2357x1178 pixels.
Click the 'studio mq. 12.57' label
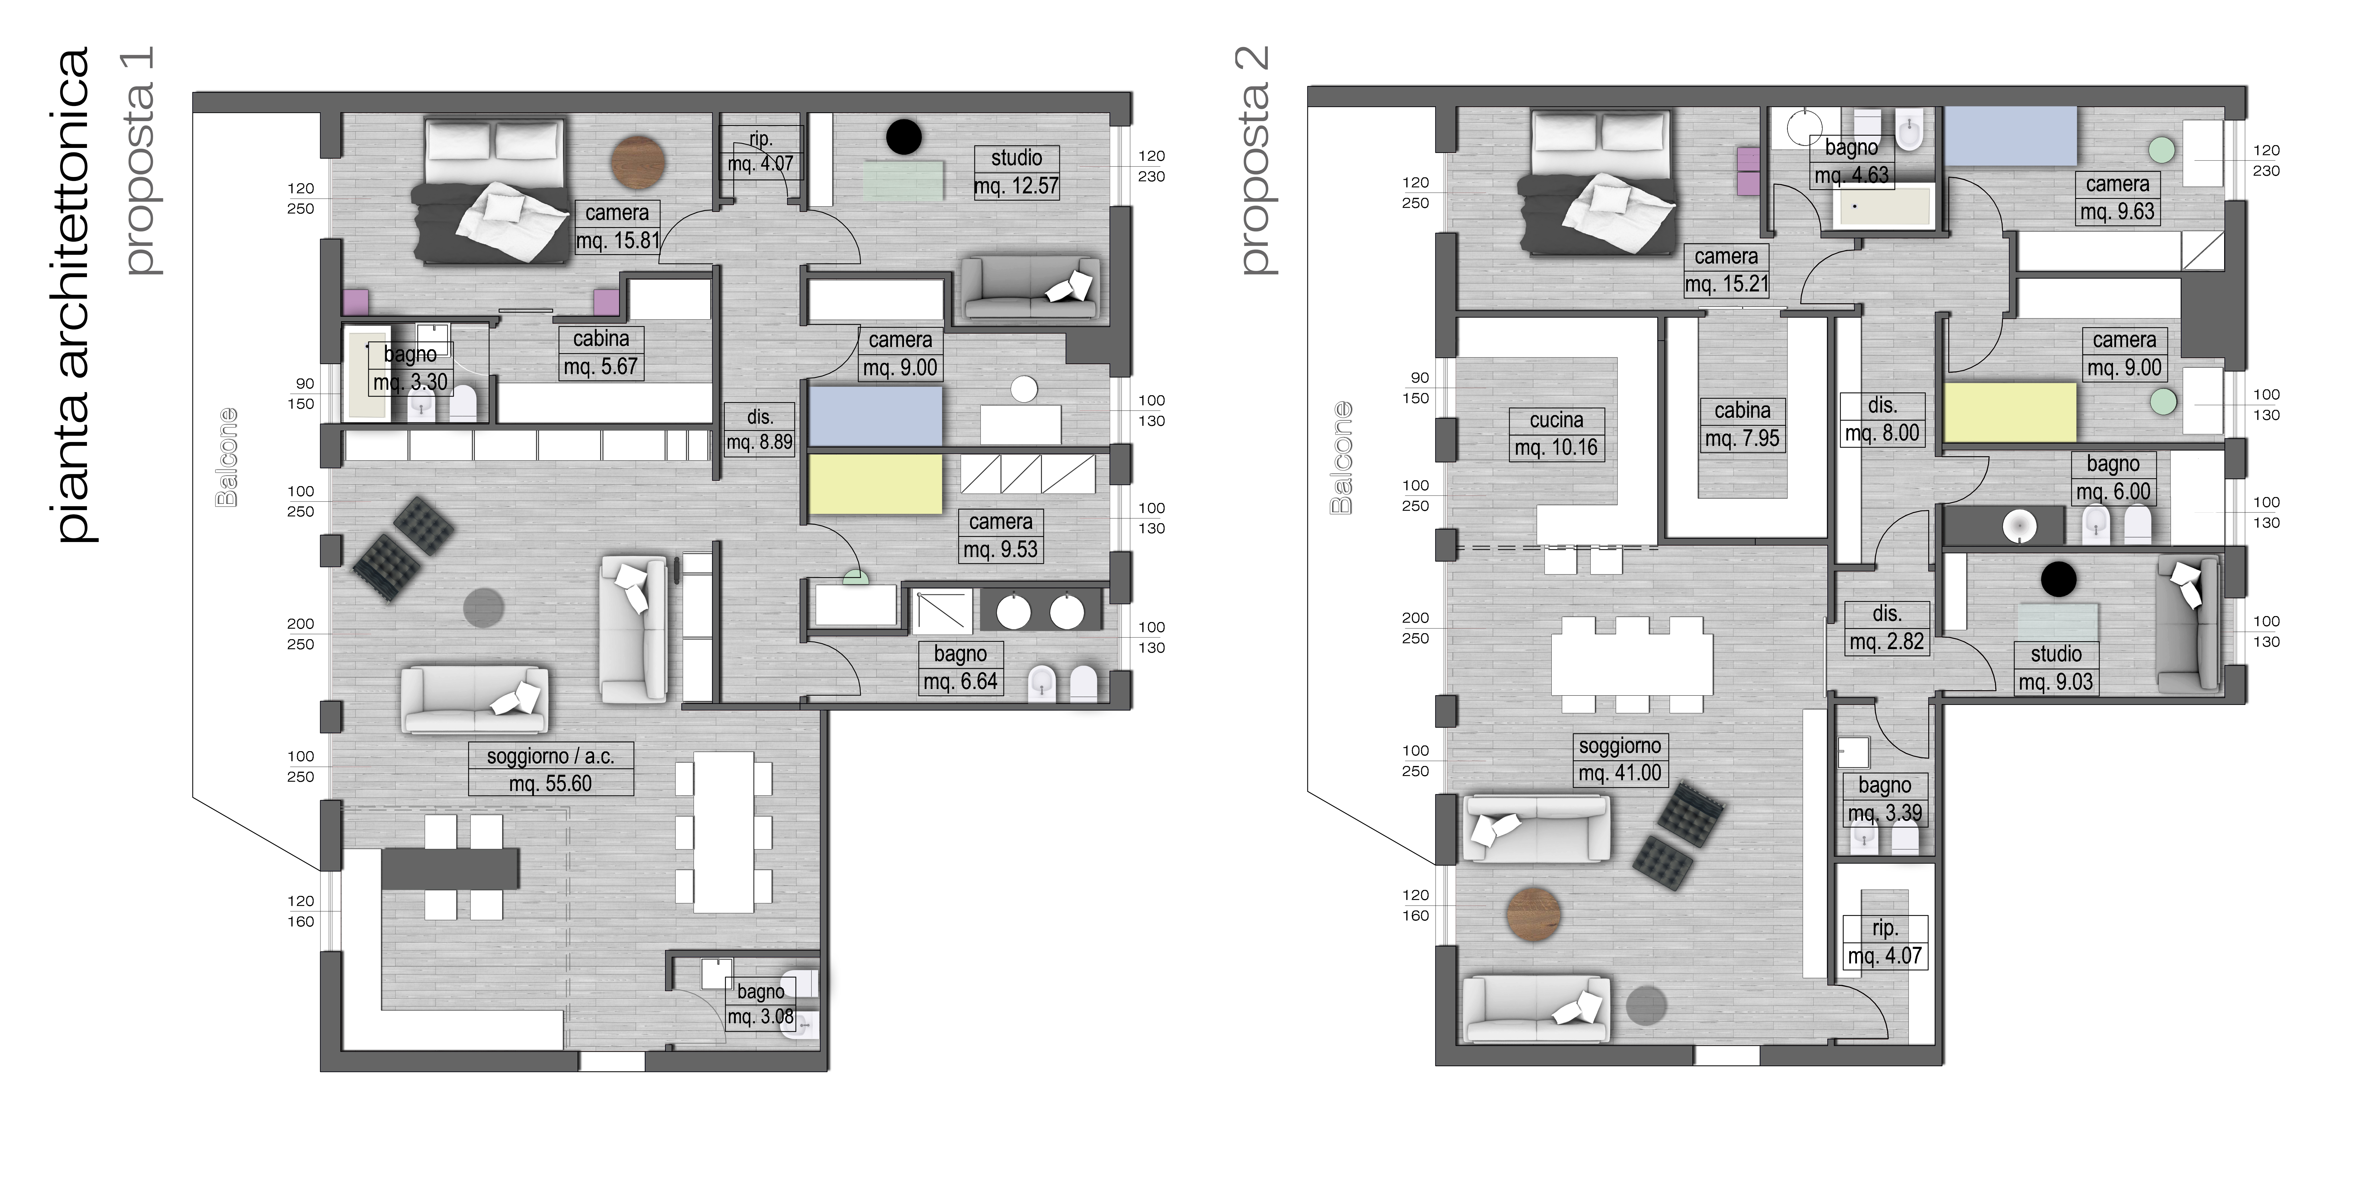coord(1016,172)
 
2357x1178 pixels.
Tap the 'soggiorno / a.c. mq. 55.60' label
coord(550,769)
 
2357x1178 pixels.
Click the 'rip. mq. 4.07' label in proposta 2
coord(1885,942)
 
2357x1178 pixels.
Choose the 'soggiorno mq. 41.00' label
coord(1620,759)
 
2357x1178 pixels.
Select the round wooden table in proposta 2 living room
coord(1533,915)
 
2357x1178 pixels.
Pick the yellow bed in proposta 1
coord(876,484)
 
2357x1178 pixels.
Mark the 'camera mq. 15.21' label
coord(1727,270)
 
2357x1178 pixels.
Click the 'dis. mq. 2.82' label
coord(1887,627)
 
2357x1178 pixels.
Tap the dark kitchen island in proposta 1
coord(450,868)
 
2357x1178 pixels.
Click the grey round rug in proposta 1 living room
coord(484,607)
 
